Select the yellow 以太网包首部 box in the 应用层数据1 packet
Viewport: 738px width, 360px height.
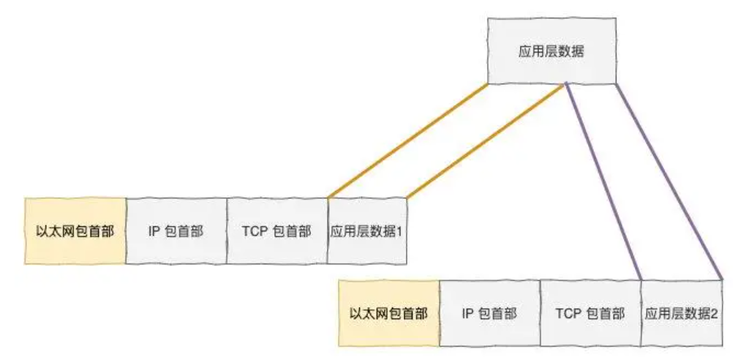[x=75, y=231]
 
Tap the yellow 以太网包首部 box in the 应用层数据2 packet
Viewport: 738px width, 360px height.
[x=388, y=313]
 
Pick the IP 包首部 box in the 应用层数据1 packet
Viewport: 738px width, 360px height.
[x=176, y=231]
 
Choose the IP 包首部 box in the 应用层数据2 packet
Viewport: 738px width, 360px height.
[x=489, y=313]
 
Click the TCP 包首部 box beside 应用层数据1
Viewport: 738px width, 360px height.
[x=276, y=231]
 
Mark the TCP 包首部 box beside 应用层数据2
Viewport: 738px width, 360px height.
[x=590, y=313]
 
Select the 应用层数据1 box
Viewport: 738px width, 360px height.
[x=366, y=231]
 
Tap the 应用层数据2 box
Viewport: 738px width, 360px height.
[x=681, y=313]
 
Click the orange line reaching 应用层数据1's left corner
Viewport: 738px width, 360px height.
[x=407, y=140]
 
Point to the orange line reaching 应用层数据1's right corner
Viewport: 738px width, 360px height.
[x=486, y=140]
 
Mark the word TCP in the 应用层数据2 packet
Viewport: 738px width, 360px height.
[x=567, y=314]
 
